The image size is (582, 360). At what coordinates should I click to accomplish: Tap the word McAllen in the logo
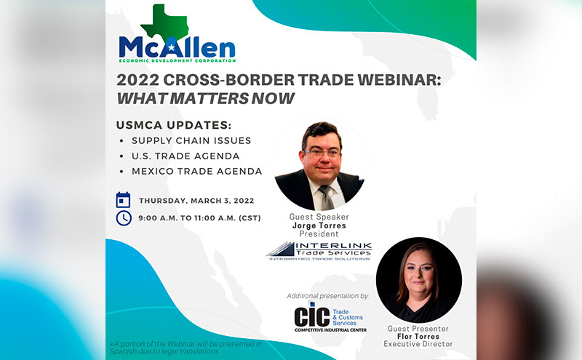[x=177, y=48]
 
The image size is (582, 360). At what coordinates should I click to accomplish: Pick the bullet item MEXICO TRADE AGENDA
[x=196, y=172]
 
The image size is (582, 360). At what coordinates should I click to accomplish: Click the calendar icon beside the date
[x=124, y=200]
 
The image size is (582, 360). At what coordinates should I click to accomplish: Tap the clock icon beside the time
[x=124, y=217]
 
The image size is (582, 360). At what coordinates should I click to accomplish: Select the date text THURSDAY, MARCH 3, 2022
[x=196, y=200]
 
